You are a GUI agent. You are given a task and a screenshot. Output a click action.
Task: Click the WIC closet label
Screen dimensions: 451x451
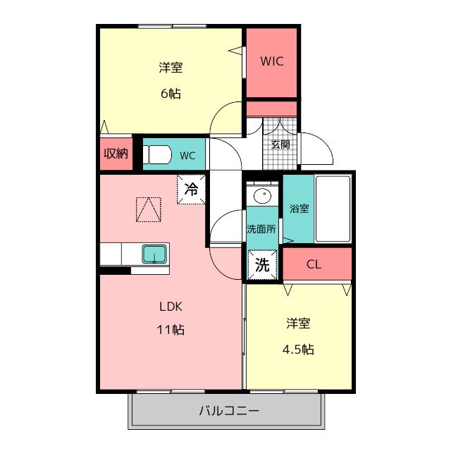pos(271,61)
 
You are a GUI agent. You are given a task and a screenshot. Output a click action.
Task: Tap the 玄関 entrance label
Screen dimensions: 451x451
pos(280,144)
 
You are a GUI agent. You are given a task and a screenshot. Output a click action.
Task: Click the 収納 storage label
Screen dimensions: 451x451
pos(116,154)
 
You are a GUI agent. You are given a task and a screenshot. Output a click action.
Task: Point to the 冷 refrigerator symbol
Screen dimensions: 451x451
pos(191,189)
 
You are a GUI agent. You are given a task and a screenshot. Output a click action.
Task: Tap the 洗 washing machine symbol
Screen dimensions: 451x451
pos(262,266)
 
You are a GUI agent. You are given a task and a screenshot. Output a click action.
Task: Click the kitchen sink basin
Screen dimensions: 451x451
pos(154,254)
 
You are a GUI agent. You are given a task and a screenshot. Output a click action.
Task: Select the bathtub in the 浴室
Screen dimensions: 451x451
pos(333,209)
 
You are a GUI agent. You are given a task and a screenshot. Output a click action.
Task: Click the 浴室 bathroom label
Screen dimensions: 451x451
pos(298,209)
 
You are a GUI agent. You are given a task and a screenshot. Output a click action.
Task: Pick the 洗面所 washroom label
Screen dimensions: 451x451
pos(262,229)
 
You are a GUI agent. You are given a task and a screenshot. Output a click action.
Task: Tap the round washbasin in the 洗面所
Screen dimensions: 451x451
pos(262,195)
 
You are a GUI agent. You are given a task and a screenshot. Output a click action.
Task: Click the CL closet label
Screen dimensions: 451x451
pos(314,265)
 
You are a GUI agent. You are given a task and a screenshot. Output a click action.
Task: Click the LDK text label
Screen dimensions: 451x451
pos(171,307)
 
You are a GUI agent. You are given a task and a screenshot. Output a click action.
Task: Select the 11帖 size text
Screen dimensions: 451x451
pos(171,329)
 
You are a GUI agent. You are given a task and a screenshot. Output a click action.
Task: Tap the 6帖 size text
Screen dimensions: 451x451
pos(170,93)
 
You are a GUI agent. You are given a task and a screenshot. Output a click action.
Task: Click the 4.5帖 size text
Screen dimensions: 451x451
pos(298,349)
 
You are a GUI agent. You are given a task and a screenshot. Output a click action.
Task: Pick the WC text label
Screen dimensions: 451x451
pos(187,156)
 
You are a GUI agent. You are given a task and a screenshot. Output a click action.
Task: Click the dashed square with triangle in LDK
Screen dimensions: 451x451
pos(148,209)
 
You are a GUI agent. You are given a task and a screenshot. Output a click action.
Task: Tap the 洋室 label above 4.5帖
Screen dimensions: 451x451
pos(298,323)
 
